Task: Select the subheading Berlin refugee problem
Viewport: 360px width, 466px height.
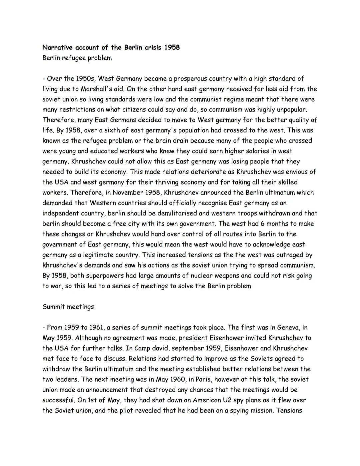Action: tap(77, 58)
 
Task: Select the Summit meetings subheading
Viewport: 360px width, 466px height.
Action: tap(68, 307)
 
